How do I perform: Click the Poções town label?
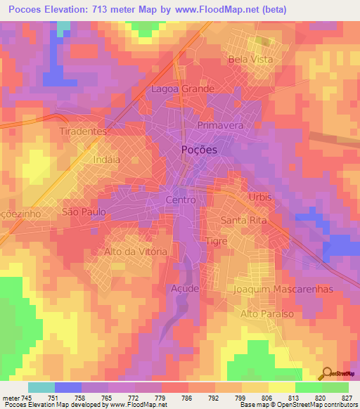pos(199,150)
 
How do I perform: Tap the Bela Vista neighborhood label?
pos(248,60)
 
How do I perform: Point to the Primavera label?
pos(220,125)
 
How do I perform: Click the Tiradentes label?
pos(83,131)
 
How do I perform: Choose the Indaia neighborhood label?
pos(106,160)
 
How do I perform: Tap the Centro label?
pos(180,200)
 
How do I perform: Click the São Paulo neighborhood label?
pos(84,211)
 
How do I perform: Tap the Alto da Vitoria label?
pos(136,251)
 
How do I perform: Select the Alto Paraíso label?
pos(266,313)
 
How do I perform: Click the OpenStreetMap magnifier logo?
pos(326,373)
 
